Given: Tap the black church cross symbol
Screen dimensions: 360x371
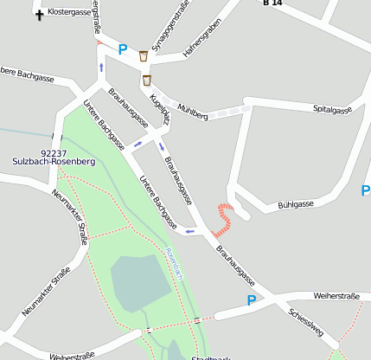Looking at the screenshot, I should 39,14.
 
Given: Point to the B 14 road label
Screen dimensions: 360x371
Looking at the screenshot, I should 272,3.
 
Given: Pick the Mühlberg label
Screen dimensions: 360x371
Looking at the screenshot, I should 192,112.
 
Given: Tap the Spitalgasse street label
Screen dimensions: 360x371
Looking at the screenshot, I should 332,110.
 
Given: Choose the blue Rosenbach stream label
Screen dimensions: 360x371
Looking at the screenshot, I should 175,262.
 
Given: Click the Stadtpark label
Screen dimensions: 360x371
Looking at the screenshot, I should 211,357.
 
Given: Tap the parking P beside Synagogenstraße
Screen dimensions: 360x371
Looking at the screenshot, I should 122,50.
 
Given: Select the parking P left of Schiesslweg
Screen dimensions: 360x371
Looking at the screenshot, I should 252,300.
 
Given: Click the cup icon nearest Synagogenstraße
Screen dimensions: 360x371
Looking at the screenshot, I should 143,56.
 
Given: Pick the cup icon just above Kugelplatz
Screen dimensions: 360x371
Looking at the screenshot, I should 147,80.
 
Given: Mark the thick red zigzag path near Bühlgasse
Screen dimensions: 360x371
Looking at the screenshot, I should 225,218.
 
